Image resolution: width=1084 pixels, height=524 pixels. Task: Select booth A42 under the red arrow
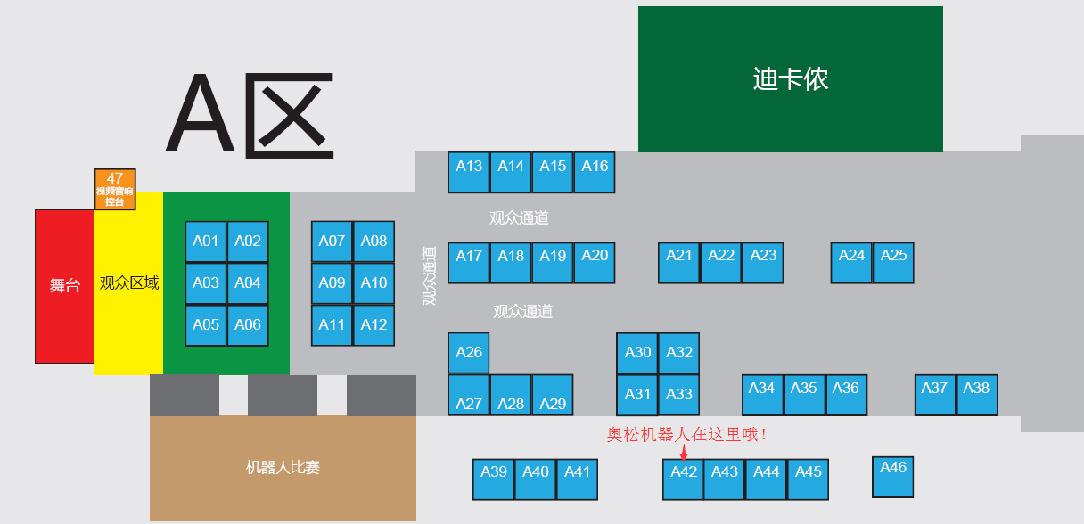click(x=684, y=479)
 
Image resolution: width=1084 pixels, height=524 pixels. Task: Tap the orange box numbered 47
click(x=115, y=189)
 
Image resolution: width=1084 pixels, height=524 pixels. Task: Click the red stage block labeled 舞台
click(x=64, y=286)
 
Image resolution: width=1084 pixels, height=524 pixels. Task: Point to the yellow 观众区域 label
click(x=129, y=283)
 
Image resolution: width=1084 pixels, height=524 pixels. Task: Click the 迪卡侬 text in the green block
click(x=791, y=79)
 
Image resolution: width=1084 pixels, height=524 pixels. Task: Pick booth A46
click(x=893, y=476)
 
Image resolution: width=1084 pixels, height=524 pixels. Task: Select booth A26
click(x=469, y=353)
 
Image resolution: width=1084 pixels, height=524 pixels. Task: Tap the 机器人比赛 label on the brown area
click(x=283, y=467)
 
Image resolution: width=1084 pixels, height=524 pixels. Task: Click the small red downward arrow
click(x=684, y=455)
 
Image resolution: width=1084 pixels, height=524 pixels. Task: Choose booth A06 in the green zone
click(x=248, y=325)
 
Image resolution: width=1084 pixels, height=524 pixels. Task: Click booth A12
click(x=374, y=325)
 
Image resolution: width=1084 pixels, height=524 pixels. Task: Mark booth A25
click(x=893, y=262)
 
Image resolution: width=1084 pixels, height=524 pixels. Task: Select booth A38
click(x=977, y=394)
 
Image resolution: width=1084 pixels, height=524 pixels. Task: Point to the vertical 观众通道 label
click(x=430, y=275)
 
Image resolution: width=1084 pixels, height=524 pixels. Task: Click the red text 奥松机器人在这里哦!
click(x=687, y=435)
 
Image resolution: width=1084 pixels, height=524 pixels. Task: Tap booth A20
click(x=595, y=262)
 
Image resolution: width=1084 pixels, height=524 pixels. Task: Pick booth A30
click(x=638, y=353)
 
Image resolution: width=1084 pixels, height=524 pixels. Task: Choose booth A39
click(x=494, y=479)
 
